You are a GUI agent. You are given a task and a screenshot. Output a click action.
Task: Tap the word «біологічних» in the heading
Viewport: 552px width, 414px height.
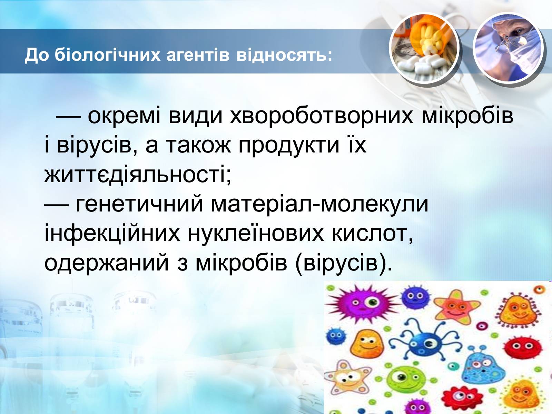pos(108,54)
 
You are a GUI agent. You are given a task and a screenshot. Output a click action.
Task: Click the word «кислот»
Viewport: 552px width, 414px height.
pos(373,234)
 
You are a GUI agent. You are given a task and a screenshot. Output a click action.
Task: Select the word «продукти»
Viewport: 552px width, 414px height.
pos(289,146)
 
